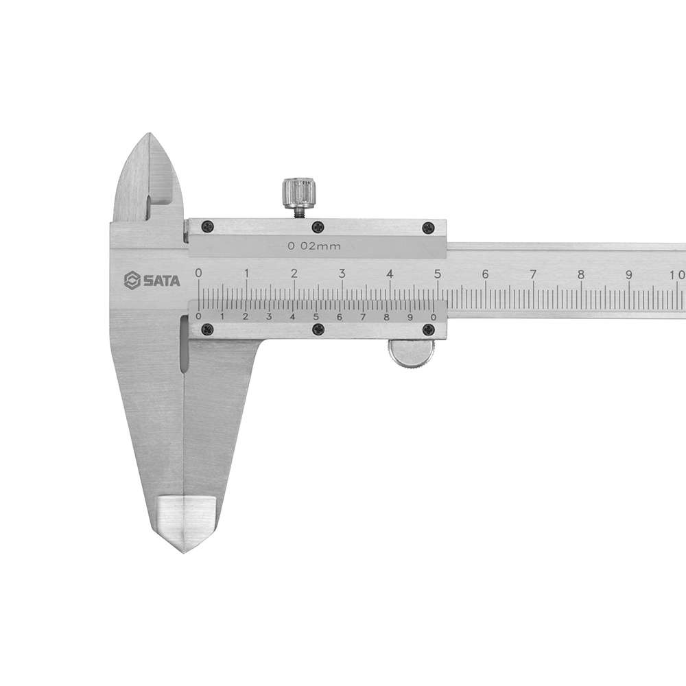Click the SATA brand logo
(152, 281)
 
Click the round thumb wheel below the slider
(411, 353)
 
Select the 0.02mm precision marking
(314, 246)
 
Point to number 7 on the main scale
(533, 275)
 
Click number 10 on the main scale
(677, 275)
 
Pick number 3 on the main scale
(342, 274)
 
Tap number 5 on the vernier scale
(316, 317)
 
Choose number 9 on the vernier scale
(410, 317)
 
